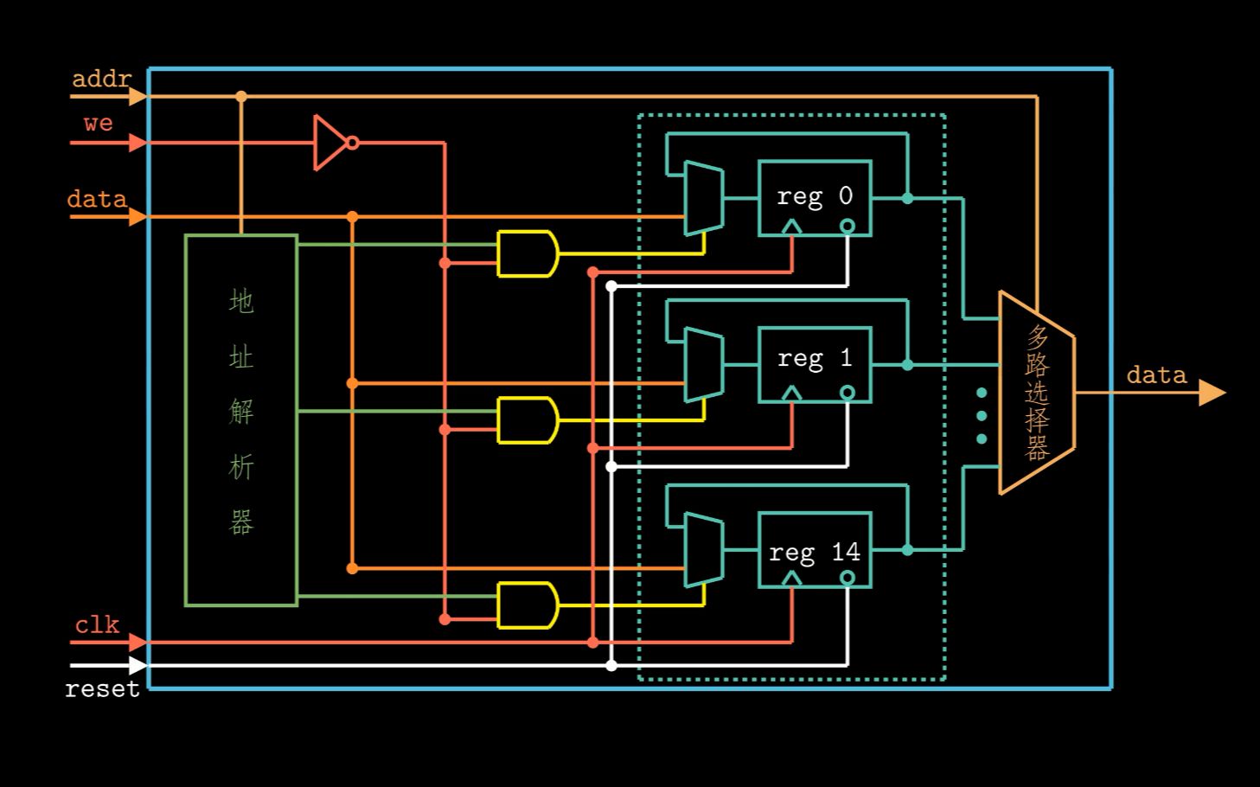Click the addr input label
coord(101,80)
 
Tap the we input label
coord(98,124)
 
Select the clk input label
coord(97,625)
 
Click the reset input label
coord(102,689)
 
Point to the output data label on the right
coord(1156,375)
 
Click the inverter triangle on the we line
coord(329,143)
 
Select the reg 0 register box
coord(814,197)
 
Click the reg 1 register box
coord(814,364)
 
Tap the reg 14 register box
coord(814,550)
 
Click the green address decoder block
coord(241,419)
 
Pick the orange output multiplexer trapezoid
coord(1036,393)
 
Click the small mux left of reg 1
coord(703,365)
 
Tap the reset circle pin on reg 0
coord(847,227)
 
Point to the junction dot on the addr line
coord(241,97)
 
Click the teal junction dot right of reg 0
coord(907,198)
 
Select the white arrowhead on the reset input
coord(137,665)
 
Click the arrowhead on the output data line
coord(1212,393)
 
